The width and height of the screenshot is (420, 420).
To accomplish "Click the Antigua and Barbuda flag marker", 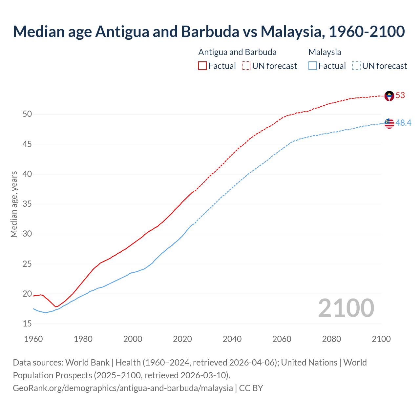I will pyautogui.click(x=389, y=96).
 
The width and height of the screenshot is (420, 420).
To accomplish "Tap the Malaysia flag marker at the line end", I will pyautogui.click(x=389, y=123).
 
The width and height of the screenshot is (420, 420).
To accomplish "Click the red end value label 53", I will pyautogui.click(x=400, y=95).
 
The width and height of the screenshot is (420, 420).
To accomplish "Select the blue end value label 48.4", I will pyautogui.click(x=403, y=123).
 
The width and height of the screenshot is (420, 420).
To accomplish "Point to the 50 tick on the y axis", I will pyautogui.click(x=27, y=114).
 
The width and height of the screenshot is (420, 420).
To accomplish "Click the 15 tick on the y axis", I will pyautogui.click(x=27, y=324).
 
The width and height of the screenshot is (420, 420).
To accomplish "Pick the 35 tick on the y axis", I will pyautogui.click(x=27, y=204).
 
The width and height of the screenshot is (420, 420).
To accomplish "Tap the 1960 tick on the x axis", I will pyautogui.click(x=33, y=339).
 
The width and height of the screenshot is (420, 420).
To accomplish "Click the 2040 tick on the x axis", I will pyautogui.click(x=232, y=339).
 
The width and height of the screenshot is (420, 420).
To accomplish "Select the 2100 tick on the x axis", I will pyautogui.click(x=381, y=339).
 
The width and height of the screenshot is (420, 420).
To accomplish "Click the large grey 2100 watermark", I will pyautogui.click(x=346, y=308).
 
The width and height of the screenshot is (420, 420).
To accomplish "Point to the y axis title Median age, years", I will pyautogui.click(x=14, y=204).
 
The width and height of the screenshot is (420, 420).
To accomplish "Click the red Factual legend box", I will pyautogui.click(x=202, y=66).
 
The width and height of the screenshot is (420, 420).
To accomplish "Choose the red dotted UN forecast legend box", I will pyautogui.click(x=246, y=66).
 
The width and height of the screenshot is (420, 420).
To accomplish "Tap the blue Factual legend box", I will pyautogui.click(x=313, y=66).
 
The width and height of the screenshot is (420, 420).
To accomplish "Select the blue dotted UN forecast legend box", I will pyautogui.click(x=356, y=66).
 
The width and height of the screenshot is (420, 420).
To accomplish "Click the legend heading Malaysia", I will pyautogui.click(x=325, y=52).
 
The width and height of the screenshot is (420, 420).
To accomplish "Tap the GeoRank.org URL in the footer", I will pyautogui.click(x=123, y=388).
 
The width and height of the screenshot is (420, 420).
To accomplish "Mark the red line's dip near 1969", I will pyautogui.click(x=56, y=307).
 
